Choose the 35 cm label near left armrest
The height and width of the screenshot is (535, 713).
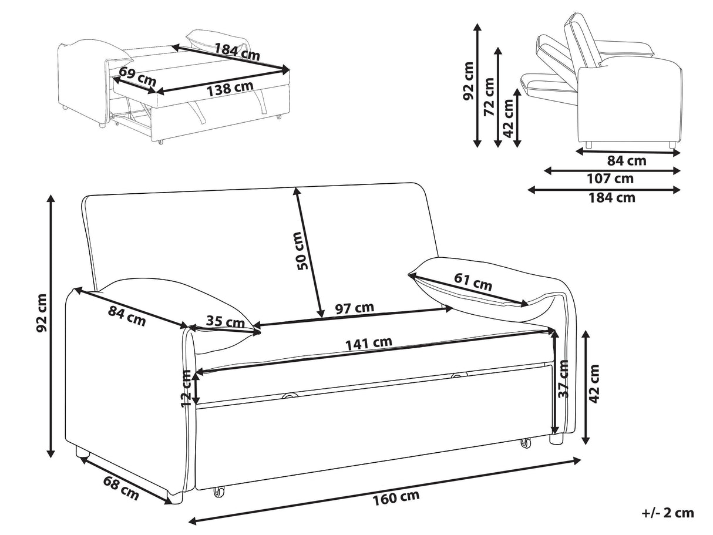tap(225, 322)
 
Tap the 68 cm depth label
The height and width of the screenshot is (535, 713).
tap(122, 488)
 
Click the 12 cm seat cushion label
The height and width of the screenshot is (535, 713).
tap(187, 389)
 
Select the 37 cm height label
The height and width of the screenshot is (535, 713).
tap(564, 379)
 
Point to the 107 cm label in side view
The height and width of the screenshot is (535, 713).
tap(611, 179)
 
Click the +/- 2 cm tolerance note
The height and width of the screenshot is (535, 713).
tap(668, 513)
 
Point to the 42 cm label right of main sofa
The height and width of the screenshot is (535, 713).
tap(595, 383)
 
